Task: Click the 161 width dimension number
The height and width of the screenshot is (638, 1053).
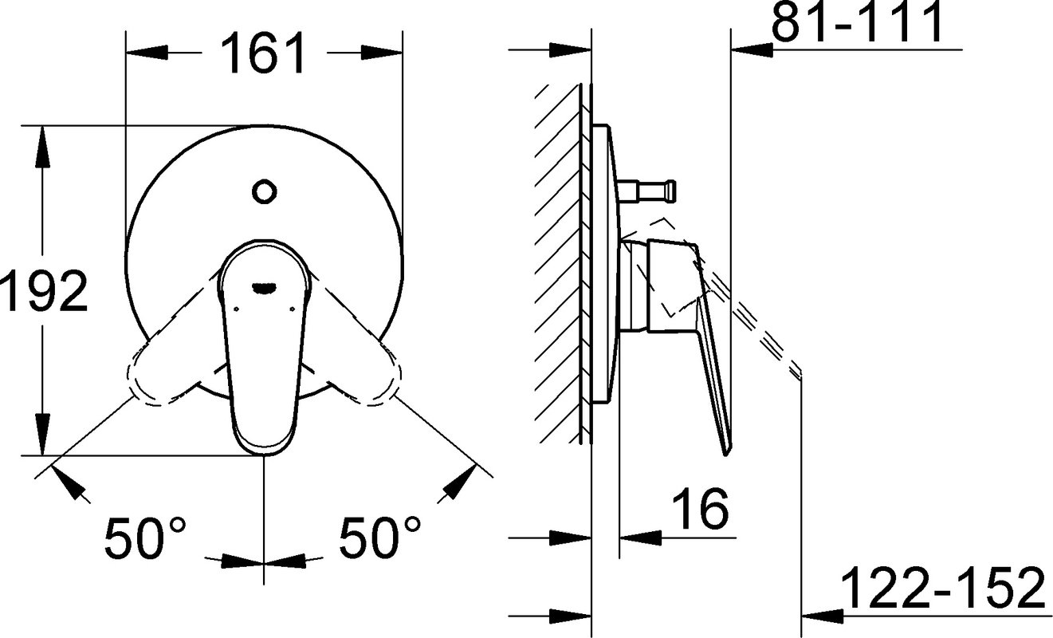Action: coord(264,54)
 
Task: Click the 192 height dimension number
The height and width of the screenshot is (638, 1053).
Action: coord(44,291)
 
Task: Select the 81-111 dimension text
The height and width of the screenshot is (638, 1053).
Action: coord(856,22)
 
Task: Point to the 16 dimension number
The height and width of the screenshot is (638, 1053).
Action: coord(700,508)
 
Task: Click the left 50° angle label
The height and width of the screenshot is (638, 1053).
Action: coord(145,538)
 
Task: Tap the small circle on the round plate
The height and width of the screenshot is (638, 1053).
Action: coord(264,191)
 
